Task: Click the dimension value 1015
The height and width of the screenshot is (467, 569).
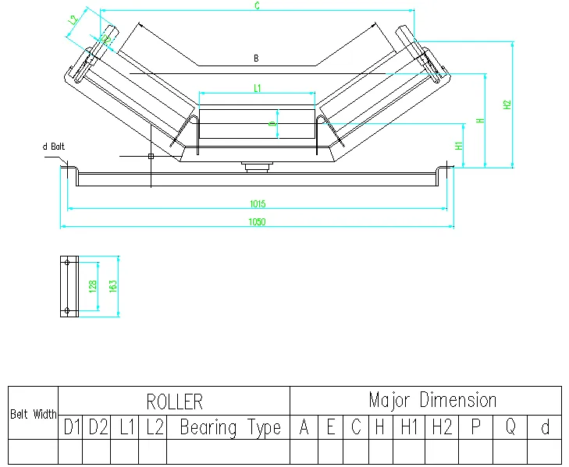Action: point(258,204)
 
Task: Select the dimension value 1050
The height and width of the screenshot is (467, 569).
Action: point(258,222)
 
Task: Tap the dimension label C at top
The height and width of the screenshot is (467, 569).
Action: point(258,6)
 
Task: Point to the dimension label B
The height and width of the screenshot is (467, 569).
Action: point(256,58)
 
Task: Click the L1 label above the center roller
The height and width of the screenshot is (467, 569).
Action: point(257,88)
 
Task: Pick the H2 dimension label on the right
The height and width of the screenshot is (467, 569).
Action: point(507,104)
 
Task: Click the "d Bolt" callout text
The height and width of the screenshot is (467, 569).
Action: point(52,146)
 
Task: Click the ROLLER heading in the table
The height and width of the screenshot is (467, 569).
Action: point(174,402)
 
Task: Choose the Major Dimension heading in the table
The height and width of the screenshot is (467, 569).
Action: point(432,401)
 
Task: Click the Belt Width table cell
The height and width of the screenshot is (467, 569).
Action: point(33,415)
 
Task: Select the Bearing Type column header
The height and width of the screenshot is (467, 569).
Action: point(230,427)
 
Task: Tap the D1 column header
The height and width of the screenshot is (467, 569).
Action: point(72,427)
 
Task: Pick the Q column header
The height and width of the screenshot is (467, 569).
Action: point(510,427)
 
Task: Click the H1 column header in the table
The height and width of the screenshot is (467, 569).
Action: point(409,427)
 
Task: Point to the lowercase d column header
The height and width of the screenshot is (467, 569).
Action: point(545,427)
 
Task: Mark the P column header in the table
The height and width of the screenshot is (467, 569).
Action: point(475,427)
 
